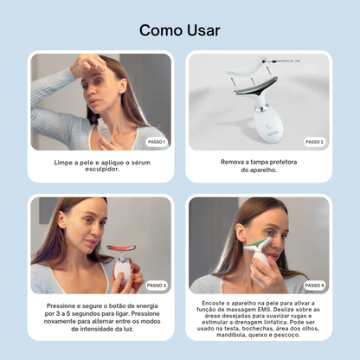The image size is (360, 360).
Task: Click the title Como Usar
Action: point(179,30)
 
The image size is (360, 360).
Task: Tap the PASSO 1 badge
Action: point(157,141)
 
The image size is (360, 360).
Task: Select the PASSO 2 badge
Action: point(314,141)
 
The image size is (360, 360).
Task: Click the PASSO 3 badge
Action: point(157,285)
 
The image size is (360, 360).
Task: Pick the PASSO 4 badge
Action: point(314,285)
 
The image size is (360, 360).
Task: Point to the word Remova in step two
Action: point(232,161)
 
